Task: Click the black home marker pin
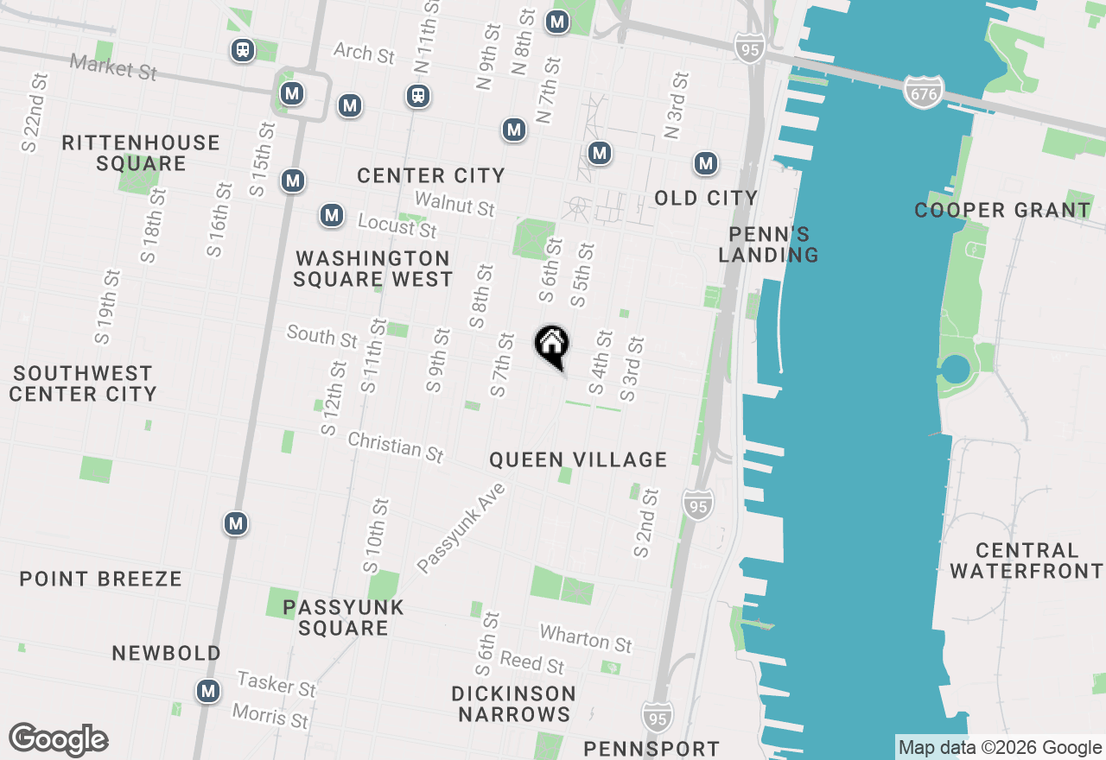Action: (x=551, y=346)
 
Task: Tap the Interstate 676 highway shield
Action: (x=924, y=92)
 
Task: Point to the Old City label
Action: (x=706, y=198)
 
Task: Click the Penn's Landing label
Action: (x=773, y=244)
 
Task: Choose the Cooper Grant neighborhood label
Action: (x=1002, y=210)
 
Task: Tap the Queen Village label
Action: (x=578, y=459)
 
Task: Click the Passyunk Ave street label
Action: (x=460, y=528)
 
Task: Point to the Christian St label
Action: (x=396, y=446)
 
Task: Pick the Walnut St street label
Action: (x=454, y=204)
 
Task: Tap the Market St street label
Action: (x=113, y=66)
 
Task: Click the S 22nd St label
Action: (x=35, y=112)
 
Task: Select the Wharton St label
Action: (x=586, y=639)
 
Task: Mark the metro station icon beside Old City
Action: (x=706, y=162)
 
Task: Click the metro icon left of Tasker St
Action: (x=207, y=691)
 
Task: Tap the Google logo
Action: (x=58, y=739)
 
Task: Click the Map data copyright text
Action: (x=1001, y=748)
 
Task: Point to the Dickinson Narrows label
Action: (x=514, y=704)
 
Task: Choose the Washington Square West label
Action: (x=372, y=269)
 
